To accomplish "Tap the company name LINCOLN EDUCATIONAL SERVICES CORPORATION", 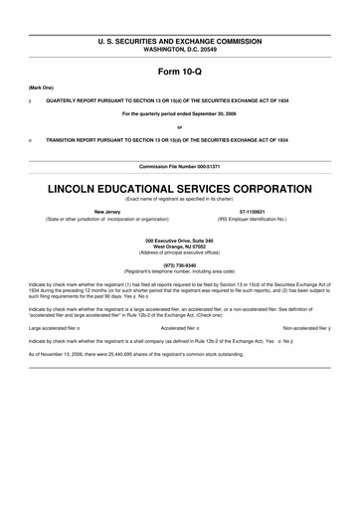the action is [x=179, y=186].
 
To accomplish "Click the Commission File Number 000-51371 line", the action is [x=179, y=165].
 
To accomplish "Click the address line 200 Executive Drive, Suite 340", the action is [x=179, y=240].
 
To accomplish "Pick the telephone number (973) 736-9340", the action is [x=179, y=265].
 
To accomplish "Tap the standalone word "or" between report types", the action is [x=179, y=127].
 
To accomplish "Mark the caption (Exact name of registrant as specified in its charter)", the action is [x=179, y=198].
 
